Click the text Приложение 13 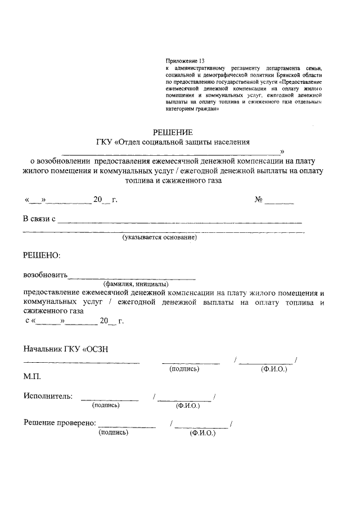182,60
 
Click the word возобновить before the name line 45,276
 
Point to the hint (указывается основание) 160,238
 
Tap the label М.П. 31,376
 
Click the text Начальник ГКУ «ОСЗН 65,349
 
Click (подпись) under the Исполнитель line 106,404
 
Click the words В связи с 39,218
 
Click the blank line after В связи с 180,222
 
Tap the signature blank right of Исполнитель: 110,398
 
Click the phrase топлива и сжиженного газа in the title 174,182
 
